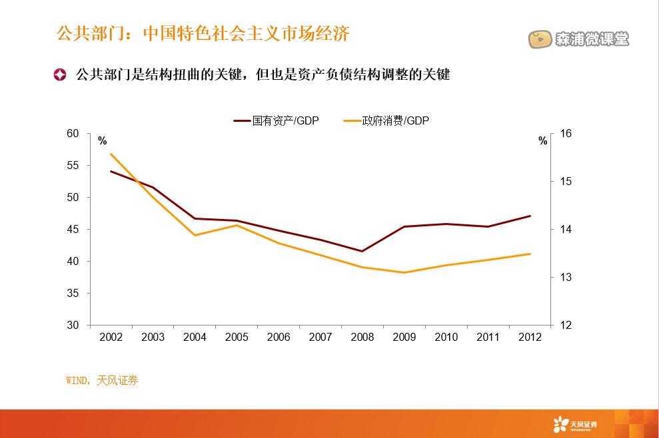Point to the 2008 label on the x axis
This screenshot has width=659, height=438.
[x=362, y=337]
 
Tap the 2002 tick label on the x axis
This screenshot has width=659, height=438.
[x=111, y=337]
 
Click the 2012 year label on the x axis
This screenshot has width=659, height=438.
[x=530, y=337]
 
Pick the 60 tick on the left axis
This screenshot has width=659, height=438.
[x=73, y=134]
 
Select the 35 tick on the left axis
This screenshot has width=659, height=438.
[x=73, y=294]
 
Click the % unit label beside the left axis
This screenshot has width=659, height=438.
[x=102, y=140]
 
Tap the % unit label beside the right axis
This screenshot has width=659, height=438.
[x=543, y=140]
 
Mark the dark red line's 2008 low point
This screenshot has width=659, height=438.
[x=362, y=251]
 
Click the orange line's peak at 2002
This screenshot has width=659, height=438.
[x=111, y=154]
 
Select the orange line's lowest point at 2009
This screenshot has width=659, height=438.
[x=404, y=272]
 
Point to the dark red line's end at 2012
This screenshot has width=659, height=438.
[x=530, y=216]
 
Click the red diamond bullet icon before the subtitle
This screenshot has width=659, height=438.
[x=60, y=75]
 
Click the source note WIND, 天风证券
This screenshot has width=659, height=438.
[x=102, y=381]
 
